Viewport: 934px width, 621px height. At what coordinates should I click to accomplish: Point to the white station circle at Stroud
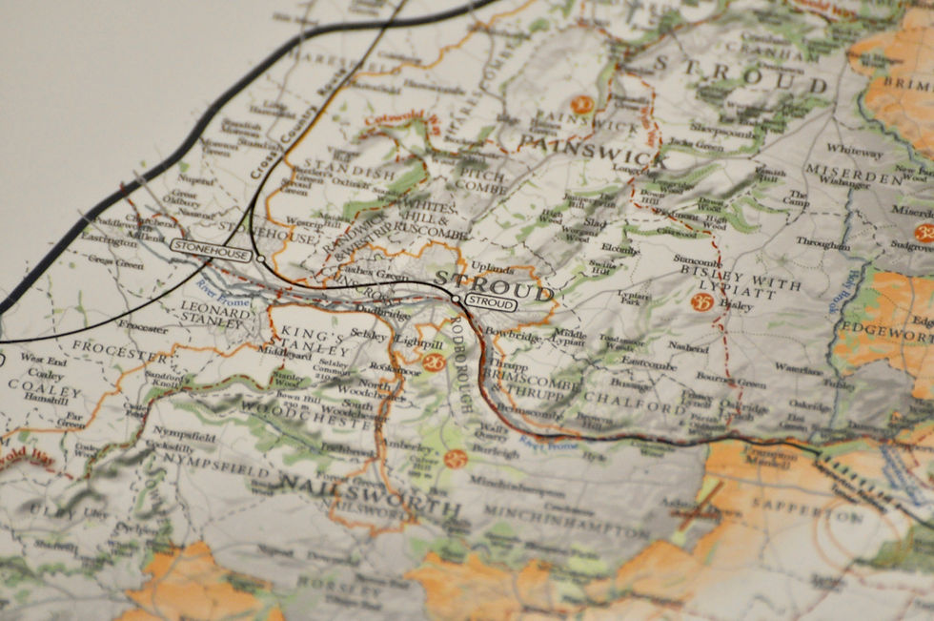click(x=457, y=300)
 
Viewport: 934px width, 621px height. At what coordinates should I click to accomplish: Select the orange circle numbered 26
click(x=434, y=362)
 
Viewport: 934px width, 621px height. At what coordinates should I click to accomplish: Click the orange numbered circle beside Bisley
click(x=701, y=302)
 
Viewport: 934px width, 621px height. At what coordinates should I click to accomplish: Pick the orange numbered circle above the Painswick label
click(x=580, y=106)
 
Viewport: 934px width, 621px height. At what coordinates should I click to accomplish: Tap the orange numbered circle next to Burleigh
click(x=455, y=459)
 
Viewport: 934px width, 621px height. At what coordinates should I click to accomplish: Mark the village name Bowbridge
click(x=512, y=338)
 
